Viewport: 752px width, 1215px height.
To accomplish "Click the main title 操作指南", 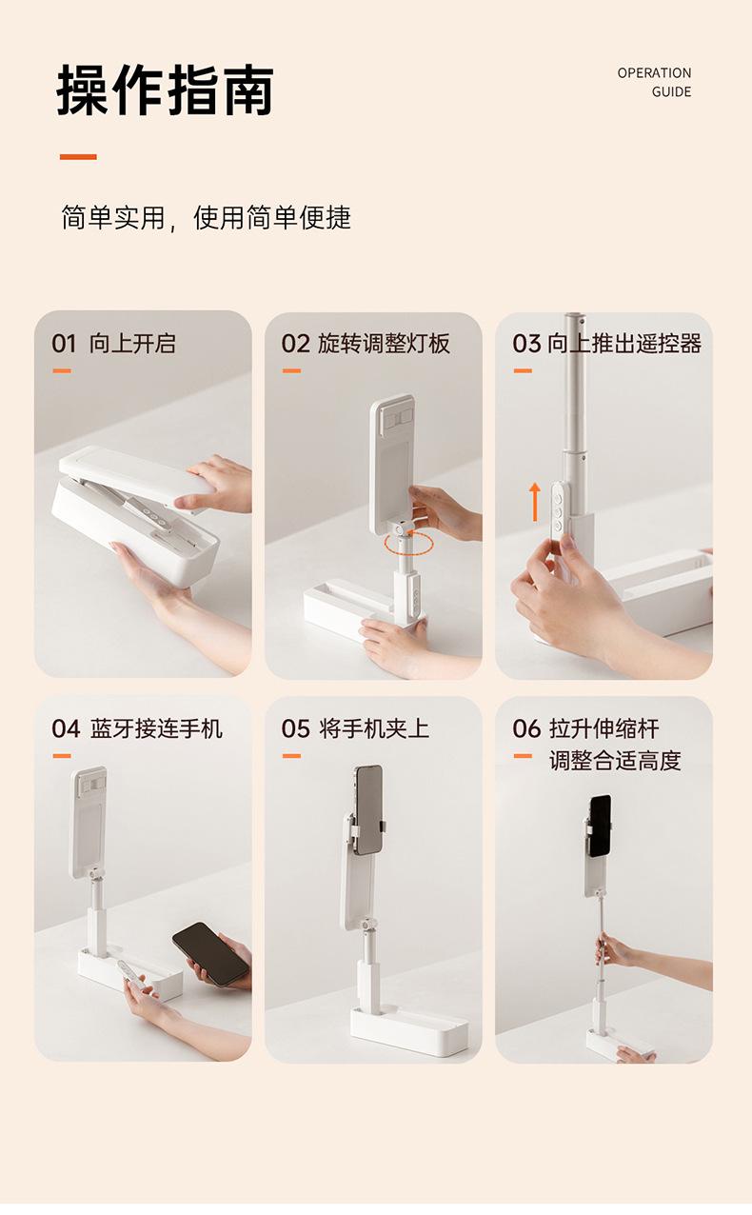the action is point(166,90).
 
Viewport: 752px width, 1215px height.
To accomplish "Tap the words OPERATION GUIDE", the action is point(654,83).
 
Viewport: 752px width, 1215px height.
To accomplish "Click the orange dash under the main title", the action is point(78,157).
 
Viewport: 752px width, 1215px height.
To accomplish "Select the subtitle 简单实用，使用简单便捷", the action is point(206,217).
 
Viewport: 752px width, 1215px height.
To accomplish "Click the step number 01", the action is point(64,344).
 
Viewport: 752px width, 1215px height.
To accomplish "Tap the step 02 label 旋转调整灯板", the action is point(384,344).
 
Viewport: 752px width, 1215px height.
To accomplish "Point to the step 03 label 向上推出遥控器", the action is point(624,344).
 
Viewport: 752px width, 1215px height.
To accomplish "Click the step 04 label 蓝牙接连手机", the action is point(157,728).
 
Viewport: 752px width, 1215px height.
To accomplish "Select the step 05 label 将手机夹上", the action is point(375,728).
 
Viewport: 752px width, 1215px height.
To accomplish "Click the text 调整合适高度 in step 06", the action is point(615,761).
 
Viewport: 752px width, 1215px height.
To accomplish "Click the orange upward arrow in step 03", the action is point(535,502).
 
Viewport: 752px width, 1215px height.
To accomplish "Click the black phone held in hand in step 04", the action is point(211,954).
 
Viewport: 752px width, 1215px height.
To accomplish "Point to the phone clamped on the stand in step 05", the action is point(368,809).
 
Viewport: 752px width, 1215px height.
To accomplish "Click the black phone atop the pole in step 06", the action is point(601,826).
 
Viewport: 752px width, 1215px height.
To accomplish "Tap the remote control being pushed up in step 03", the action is point(558,517).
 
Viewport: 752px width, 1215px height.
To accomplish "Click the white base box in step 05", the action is point(409,1031).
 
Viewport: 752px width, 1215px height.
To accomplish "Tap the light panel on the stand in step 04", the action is point(89,822).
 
